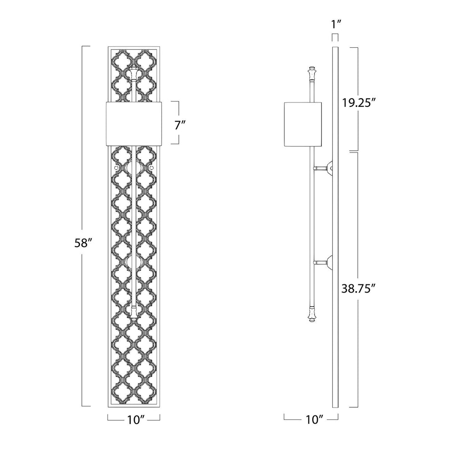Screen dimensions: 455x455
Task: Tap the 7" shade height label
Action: pyautogui.click(x=180, y=126)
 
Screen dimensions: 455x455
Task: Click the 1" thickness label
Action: pyautogui.click(x=336, y=24)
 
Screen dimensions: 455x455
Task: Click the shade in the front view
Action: pyautogui.click(x=134, y=123)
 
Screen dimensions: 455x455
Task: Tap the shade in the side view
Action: pyautogui.click(x=303, y=124)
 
